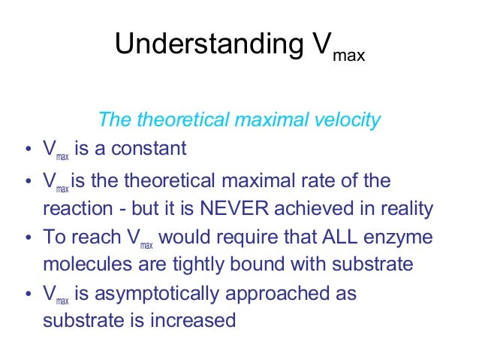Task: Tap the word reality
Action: (x=405, y=208)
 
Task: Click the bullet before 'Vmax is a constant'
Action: (x=28, y=150)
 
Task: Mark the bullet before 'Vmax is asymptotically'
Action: (x=28, y=295)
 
